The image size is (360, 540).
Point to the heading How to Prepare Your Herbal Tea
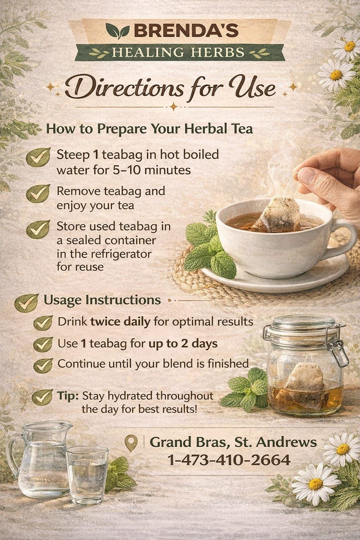(x=149, y=128)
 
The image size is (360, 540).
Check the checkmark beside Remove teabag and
(x=38, y=193)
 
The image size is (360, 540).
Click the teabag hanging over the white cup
(x=279, y=214)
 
